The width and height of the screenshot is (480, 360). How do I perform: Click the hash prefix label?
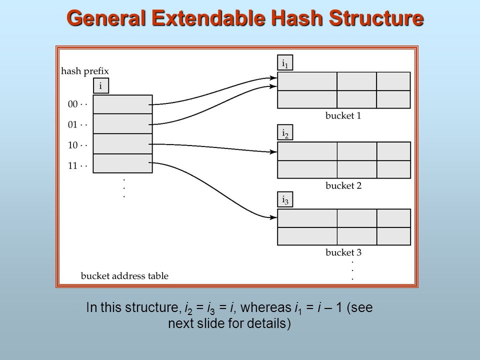click(x=84, y=71)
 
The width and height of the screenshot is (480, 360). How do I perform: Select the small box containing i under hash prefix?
click(x=100, y=86)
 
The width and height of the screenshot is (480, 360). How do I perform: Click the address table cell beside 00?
click(x=122, y=104)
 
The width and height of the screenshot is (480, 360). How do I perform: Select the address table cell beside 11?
click(x=122, y=163)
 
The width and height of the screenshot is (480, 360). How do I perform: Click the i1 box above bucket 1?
click(x=285, y=63)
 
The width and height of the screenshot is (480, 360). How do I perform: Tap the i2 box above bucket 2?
click(x=285, y=133)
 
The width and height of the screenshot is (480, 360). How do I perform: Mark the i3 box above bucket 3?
click(x=285, y=200)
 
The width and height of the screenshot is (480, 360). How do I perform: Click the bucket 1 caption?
click(x=343, y=116)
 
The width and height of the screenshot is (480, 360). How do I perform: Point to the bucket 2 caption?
click(x=343, y=186)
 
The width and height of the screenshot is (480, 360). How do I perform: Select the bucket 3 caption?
click(x=343, y=252)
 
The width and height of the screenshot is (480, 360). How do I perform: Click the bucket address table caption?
click(x=124, y=276)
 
